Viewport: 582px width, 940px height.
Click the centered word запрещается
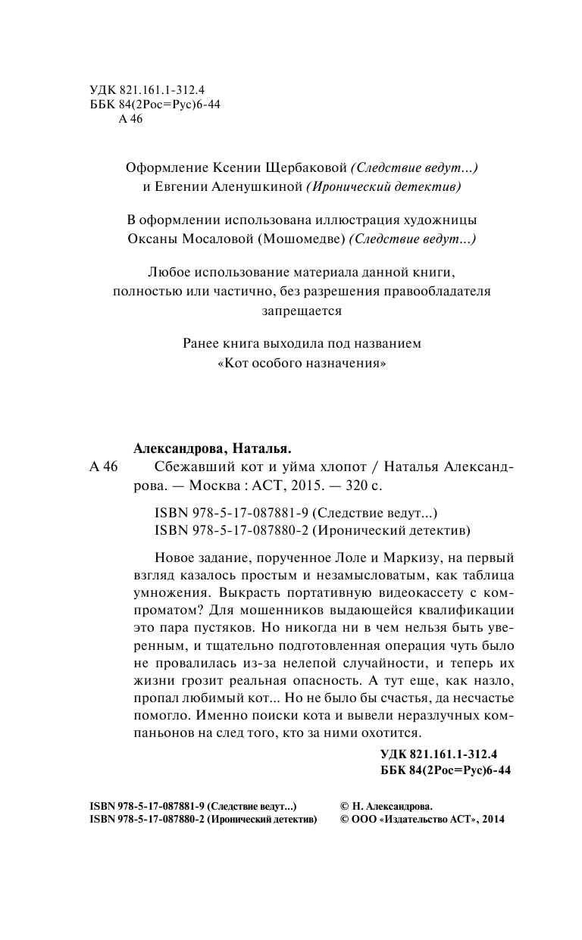tap(302, 310)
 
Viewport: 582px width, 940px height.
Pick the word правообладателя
tap(443, 290)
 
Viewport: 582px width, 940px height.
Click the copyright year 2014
tap(492, 819)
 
